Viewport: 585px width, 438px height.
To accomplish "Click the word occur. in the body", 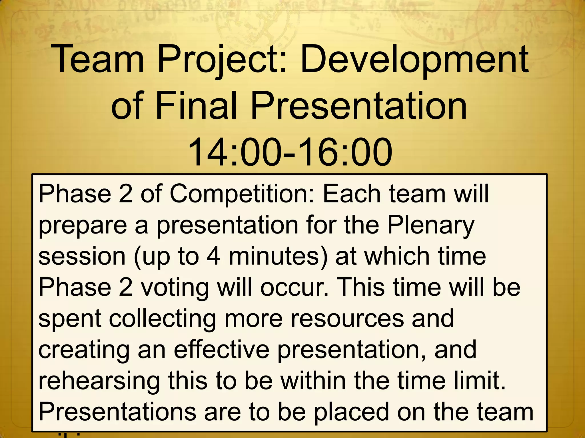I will pos(294,287).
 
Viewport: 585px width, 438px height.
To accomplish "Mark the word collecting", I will pos(163,319).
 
